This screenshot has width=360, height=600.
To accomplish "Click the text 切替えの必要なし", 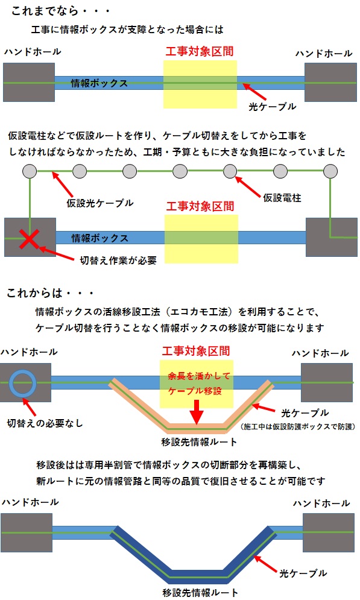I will click(45, 423).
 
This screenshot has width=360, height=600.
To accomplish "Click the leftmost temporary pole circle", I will click(30, 171).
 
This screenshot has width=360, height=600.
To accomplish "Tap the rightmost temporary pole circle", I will click(330, 171).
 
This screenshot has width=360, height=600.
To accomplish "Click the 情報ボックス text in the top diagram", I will click(99, 83).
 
